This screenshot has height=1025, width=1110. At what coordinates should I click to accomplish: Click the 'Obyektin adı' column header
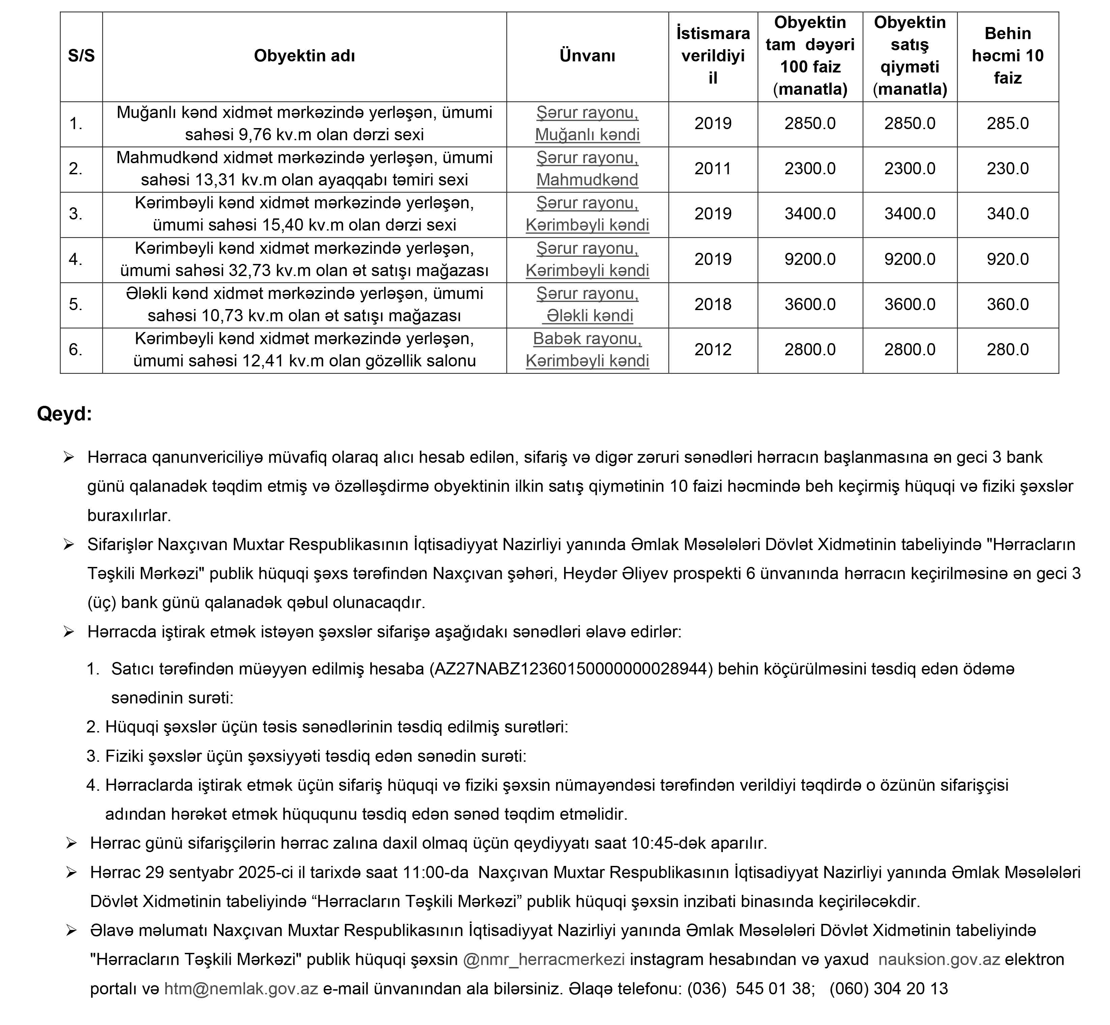[304, 56]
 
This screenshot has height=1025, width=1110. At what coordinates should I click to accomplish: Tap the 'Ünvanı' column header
[587, 56]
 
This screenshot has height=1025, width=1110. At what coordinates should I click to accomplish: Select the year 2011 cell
[713, 169]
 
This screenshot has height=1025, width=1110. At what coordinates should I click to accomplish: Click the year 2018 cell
[713, 304]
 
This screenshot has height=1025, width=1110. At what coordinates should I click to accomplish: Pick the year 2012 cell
[713, 350]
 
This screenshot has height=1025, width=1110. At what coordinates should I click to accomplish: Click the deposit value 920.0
[1007, 259]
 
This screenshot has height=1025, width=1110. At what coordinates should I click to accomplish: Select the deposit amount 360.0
[1007, 304]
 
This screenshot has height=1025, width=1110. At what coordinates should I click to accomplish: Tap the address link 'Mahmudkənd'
[587, 180]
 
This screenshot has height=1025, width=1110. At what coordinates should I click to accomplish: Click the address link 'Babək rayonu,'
[587, 338]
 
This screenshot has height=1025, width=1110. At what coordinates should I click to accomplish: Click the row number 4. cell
[76, 259]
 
